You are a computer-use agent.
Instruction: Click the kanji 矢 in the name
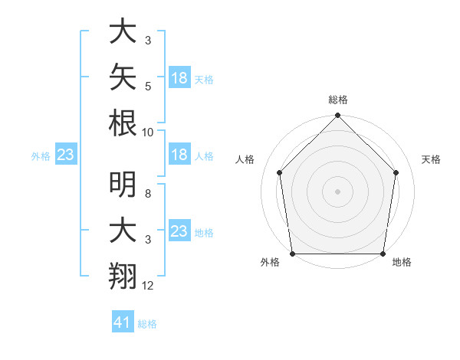[x=123, y=77]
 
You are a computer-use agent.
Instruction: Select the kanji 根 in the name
[x=123, y=123]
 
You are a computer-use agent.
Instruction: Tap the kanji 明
[x=123, y=185]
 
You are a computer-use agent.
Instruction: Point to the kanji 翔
[x=123, y=276]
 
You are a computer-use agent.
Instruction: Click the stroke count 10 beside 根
[x=147, y=133]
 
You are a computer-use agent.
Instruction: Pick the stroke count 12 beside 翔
[x=147, y=286]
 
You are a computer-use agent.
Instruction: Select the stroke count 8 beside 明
[x=148, y=194]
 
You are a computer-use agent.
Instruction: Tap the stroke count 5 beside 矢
[x=148, y=87]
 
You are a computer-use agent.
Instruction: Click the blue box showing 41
[x=123, y=321]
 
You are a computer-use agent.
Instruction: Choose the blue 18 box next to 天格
[x=180, y=77]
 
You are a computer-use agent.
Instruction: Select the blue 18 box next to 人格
[x=180, y=154]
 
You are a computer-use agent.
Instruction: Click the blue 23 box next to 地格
[x=180, y=230]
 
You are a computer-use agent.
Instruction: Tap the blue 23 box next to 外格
[x=66, y=154]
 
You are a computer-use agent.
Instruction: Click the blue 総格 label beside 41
[x=147, y=324]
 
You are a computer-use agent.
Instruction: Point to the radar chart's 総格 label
[x=338, y=100]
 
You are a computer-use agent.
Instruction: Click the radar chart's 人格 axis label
[x=245, y=159]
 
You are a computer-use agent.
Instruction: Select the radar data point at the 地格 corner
[x=383, y=254]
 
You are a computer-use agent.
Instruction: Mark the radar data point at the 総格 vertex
[x=337, y=115]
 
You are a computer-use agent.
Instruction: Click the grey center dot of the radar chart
[x=337, y=191]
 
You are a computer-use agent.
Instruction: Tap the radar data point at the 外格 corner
[x=293, y=254]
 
